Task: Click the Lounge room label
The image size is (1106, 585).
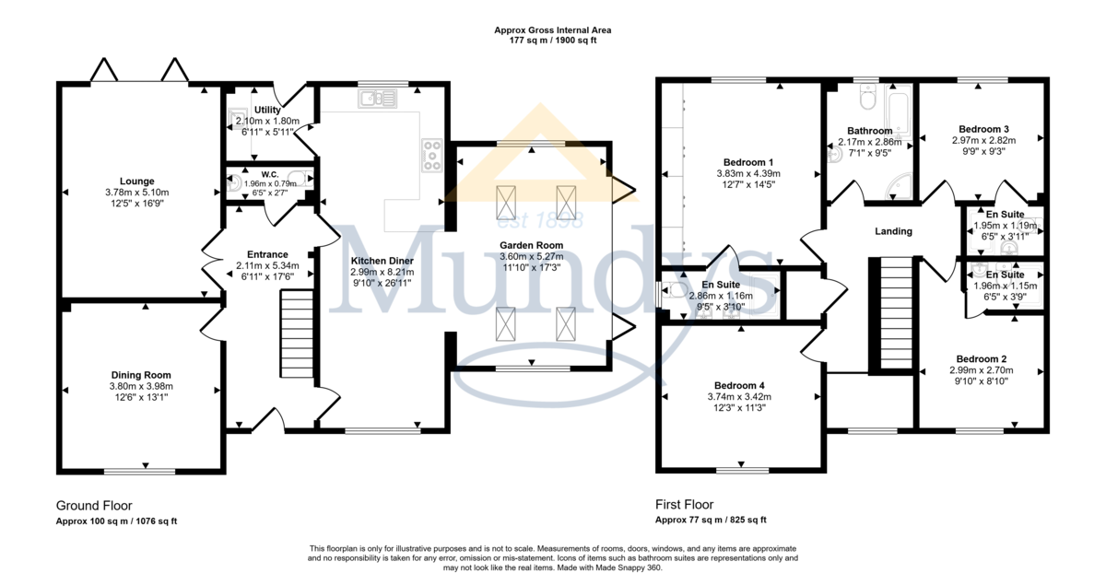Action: coord(136,181)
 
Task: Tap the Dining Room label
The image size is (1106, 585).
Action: coord(141,375)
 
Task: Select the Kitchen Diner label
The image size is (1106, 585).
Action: coord(382,261)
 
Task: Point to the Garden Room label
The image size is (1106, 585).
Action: coord(531,245)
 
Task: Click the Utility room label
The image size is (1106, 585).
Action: coord(267,110)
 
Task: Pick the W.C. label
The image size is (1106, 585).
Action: coord(270,174)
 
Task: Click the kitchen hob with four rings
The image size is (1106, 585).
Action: coord(432,156)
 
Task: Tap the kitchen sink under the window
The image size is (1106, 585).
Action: coord(378,99)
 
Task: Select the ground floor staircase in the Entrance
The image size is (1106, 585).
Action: coord(297,334)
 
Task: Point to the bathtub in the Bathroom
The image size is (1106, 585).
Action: coord(900,111)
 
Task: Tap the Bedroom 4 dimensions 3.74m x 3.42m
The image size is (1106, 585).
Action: coord(739,397)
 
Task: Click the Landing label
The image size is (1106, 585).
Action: coord(893,231)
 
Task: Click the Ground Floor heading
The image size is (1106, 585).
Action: coord(94,506)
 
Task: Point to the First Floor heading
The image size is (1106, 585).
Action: coord(684,505)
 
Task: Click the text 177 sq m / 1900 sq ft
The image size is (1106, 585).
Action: coord(553,41)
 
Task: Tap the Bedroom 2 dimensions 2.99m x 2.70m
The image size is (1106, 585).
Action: coord(981,370)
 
